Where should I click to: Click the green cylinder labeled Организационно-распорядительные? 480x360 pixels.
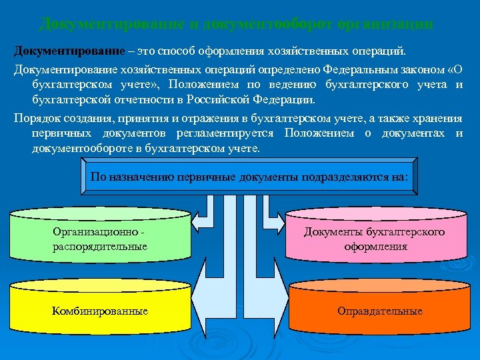[100, 239]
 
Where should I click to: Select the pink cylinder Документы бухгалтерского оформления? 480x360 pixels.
[375, 239]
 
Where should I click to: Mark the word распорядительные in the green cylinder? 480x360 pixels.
[100, 247]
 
